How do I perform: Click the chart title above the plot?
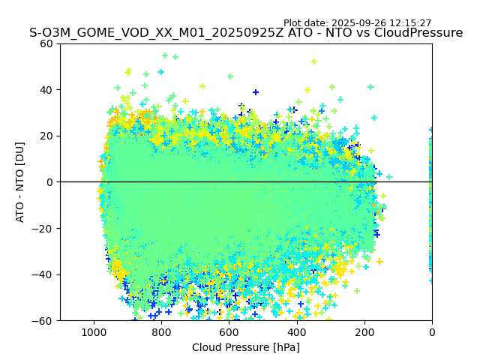point(246,33)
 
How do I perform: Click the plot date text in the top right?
point(357,23)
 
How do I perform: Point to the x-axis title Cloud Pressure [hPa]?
point(246,347)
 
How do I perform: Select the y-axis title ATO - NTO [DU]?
point(20,182)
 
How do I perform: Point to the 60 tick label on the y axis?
point(46,43)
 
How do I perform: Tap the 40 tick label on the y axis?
point(46,90)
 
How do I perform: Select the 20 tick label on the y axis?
point(46,136)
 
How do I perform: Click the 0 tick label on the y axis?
point(49,182)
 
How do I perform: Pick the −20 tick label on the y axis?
point(43,229)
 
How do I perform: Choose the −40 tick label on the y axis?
point(43,274)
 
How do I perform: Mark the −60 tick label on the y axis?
point(43,321)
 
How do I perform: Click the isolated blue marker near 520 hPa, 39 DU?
point(256,92)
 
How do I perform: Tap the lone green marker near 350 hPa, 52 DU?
point(314,61)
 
